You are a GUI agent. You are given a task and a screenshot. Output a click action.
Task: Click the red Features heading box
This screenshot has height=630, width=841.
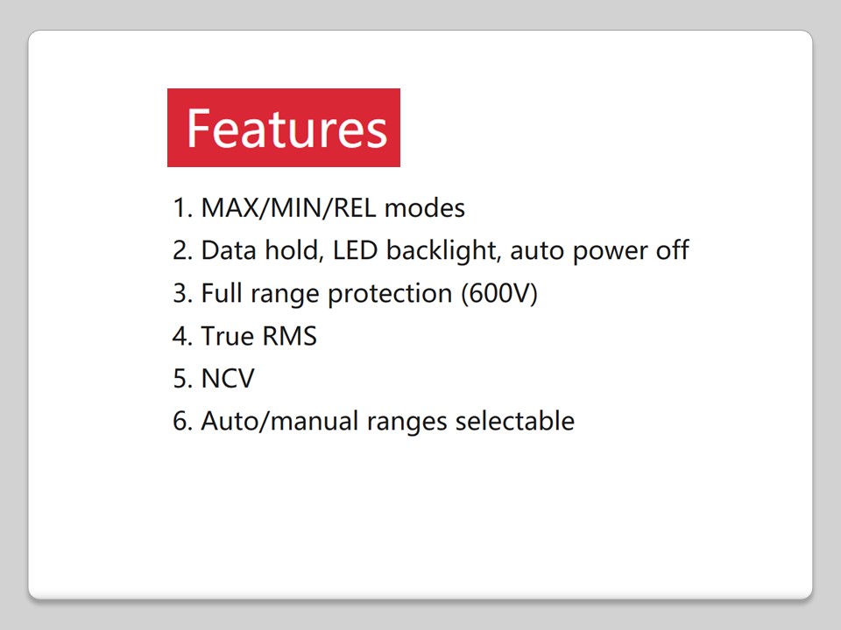pyautogui.click(x=284, y=128)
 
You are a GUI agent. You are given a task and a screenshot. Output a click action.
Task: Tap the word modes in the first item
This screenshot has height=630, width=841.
pyautogui.click(x=425, y=208)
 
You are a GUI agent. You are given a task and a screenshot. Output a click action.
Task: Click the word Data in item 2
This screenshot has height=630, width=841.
pyautogui.click(x=229, y=250)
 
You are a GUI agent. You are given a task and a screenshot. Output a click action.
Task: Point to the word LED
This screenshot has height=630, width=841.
pyautogui.click(x=355, y=250)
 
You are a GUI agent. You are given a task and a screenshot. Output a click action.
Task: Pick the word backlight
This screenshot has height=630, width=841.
pyautogui.click(x=443, y=251)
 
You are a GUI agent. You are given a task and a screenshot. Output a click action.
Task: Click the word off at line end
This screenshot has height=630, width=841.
pyautogui.click(x=672, y=249)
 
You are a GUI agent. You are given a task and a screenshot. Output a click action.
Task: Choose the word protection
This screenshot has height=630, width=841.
pyautogui.click(x=390, y=295)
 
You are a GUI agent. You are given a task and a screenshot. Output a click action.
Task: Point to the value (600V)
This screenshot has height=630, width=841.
pyautogui.click(x=499, y=294)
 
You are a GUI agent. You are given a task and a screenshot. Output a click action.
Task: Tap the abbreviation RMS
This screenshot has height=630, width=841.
pyautogui.click(x=290, y=336)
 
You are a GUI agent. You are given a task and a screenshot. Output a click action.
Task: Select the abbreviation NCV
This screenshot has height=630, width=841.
pyautogui.click(x=228, y=378)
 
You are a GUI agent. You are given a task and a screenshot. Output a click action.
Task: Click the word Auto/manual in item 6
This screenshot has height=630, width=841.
pyautogui.click(x=280, y=421)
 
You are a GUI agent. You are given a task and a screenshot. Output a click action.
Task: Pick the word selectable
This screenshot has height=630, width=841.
pyautogui.click(x=515, y=421)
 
